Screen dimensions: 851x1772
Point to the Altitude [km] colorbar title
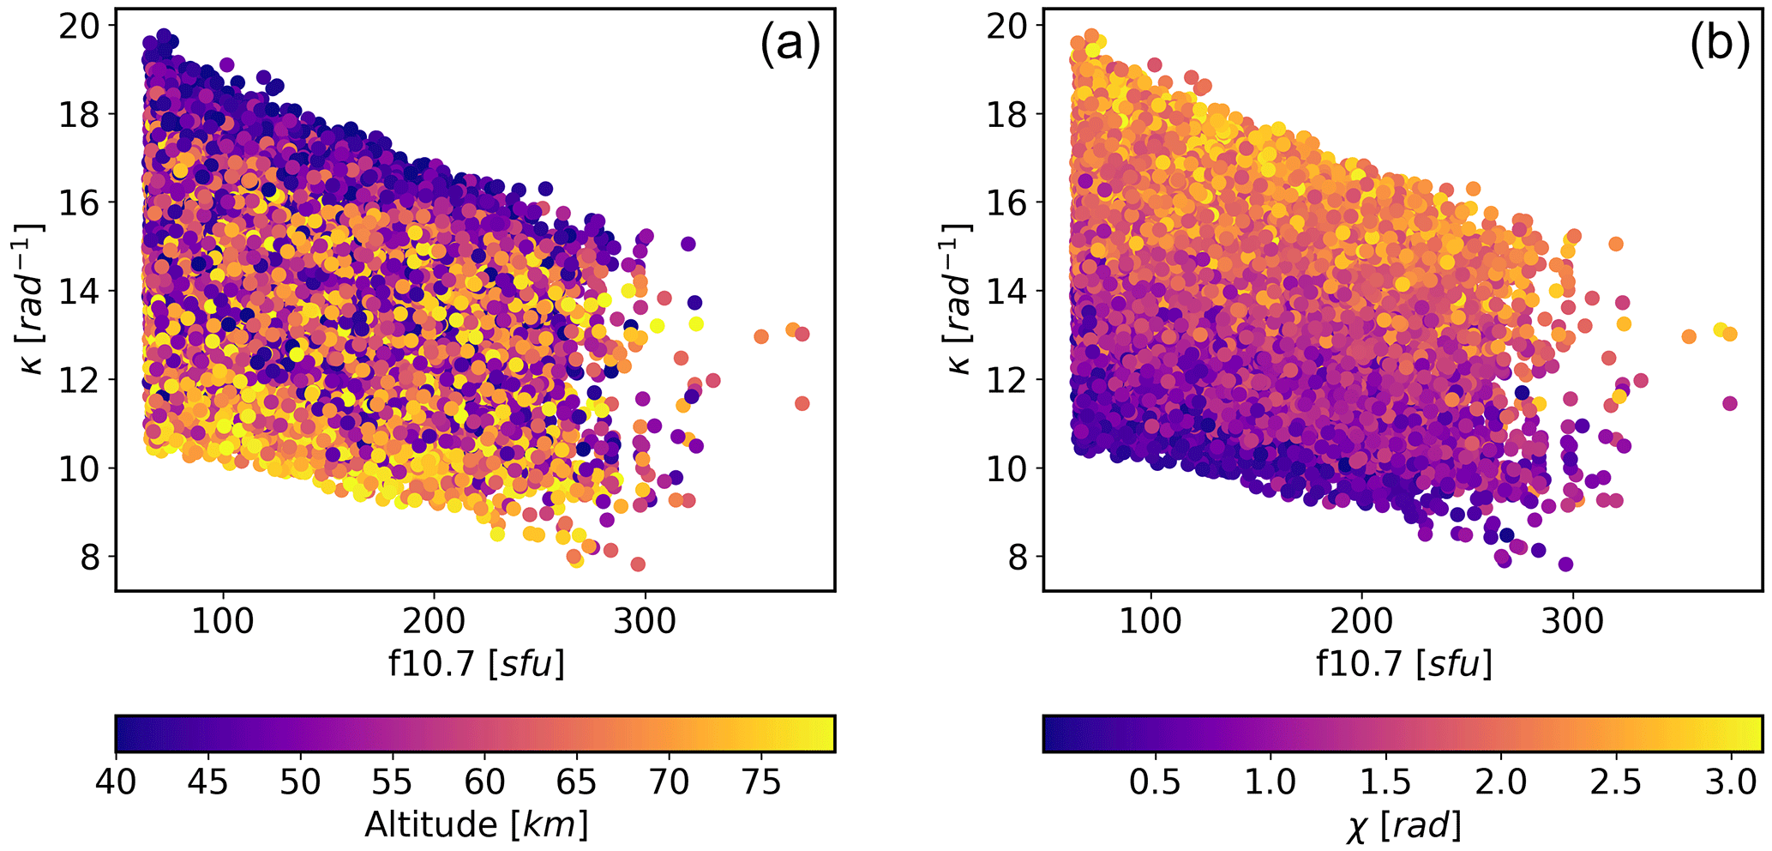tap(476, 824)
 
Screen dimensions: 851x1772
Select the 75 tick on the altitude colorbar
tap(760, 782)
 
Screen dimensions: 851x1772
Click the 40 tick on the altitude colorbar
tap(116, 782)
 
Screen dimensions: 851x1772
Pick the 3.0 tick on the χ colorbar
tap(1731, 782)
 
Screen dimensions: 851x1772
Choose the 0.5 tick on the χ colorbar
tap(1155, 782)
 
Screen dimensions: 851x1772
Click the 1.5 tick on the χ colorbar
tap(1385, 782)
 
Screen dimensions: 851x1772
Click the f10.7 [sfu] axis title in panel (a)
tap(476, 663)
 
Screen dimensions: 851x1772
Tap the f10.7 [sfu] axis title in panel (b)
tap(1403, 663)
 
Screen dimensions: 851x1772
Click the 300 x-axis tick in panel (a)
tap(644, 619)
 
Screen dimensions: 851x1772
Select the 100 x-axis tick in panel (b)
tap(1150, 619)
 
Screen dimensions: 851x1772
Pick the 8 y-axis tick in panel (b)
tap(1017, 558)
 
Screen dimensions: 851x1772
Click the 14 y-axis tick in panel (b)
tap(1006, 292)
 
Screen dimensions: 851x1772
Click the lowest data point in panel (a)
tap(638, 564)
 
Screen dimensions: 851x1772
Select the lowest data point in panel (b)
tap(1565, 564)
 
